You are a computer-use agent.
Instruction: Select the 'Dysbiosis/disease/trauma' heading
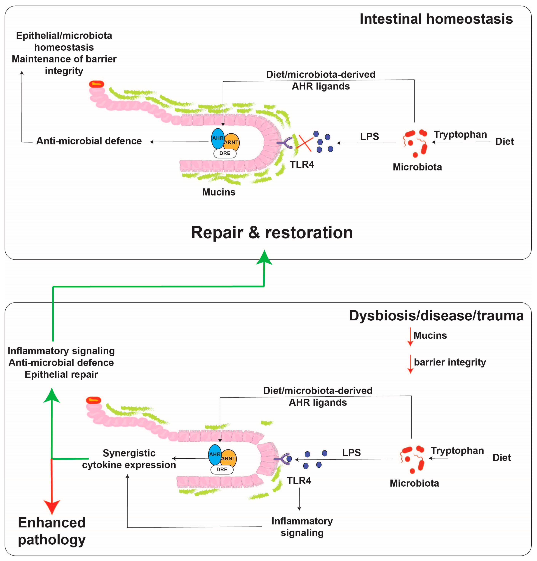436,316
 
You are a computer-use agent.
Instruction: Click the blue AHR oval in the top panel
218,139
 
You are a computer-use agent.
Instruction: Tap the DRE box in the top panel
225,153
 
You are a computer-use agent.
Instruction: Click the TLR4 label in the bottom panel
299,480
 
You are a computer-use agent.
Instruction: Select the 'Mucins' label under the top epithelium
219,192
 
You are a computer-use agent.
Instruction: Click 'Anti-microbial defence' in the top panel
89,141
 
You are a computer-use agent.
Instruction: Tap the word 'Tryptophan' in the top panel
460,135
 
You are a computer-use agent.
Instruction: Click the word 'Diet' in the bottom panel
502,457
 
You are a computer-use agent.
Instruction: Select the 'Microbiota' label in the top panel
417,167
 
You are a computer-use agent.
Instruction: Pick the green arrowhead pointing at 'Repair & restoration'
264,257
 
